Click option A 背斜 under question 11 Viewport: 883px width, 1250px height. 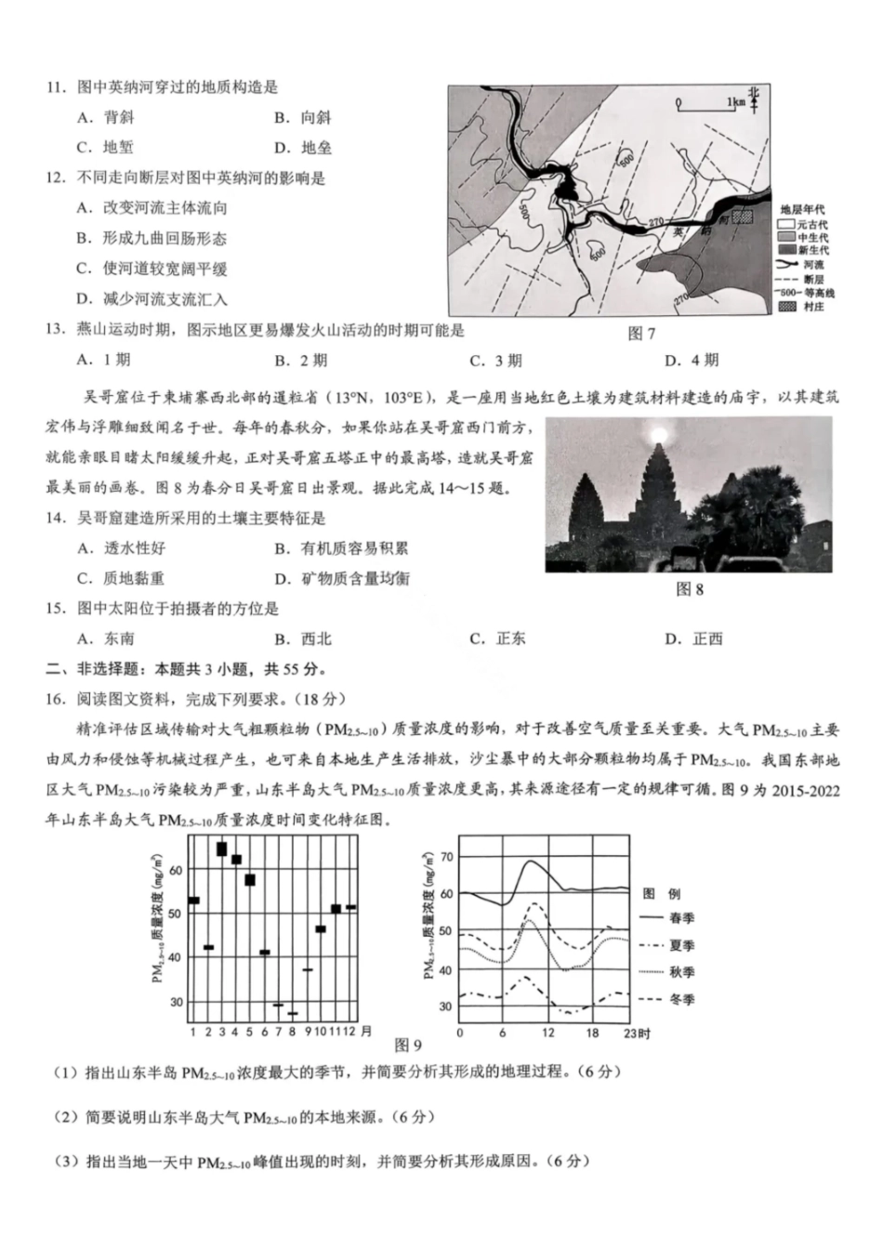107,117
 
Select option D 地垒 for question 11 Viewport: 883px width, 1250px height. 304,148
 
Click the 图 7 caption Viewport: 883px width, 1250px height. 641,334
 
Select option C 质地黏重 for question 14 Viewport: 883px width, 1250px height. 121,578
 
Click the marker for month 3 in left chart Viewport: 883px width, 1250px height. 221,849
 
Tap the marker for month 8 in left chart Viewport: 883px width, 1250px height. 293,1013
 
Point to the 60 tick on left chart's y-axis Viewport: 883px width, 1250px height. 177,869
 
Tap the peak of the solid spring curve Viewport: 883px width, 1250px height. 531,861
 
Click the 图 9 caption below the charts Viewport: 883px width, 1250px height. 408,1045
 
